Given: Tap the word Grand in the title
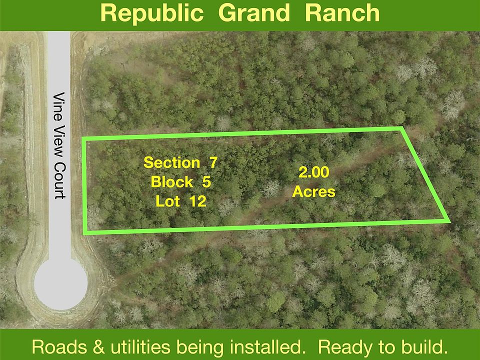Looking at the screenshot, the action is click(x=254, y=13).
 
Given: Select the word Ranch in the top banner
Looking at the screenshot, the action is click(x=342, y=13).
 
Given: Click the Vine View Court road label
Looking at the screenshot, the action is click(x=59, y=145).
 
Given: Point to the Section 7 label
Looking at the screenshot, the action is click(x=180, y=162).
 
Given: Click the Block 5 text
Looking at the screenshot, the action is click(x=180, y=182).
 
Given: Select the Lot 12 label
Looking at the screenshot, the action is click(x=181, y=201).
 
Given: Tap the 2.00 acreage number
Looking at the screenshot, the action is click(x=314, y=172).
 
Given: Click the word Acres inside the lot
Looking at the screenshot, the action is click(x=314, y=191).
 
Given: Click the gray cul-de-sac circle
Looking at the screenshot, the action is click(x=60, y=284).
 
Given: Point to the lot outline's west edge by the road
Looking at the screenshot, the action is click(x=85, y=186).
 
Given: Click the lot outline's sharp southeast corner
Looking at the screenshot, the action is click(x=448, y=220).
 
